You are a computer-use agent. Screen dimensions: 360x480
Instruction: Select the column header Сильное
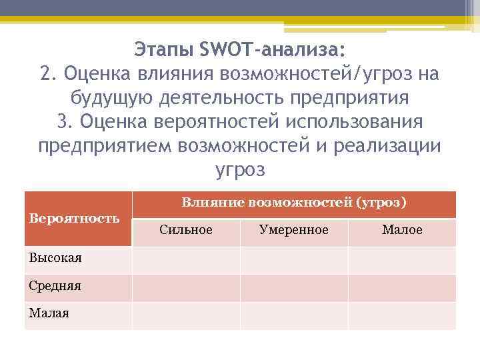[x=186, y=230]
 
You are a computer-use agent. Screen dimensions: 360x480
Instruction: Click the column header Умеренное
[x=293, y=230]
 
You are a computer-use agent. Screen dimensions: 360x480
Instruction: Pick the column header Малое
[x=402, y=230]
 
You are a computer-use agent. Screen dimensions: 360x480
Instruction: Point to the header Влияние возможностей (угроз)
[x=294, y=202]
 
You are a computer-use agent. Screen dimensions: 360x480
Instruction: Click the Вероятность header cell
[x=74, y=218]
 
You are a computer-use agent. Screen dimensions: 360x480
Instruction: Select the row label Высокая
[x=55, y=259]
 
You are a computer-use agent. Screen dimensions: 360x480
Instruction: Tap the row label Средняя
[x=55, y=286]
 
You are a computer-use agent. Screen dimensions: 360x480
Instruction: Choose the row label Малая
[x=49, y=313]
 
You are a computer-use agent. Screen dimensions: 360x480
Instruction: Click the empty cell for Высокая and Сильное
[x=186, y=260]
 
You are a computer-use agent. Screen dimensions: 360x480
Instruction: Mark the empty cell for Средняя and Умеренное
[x=293, y=287]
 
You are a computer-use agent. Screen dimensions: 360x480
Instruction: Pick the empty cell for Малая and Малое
[x=402, y=315]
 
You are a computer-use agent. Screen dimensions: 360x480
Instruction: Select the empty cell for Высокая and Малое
[x=402, y=260]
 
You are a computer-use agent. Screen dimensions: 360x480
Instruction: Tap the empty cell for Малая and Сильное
[x=186, y=315]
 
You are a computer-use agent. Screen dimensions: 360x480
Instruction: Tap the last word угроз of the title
[x=240, y=170]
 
